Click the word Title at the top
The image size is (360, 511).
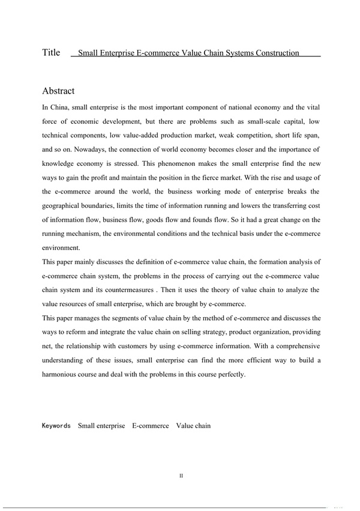click(51, 53)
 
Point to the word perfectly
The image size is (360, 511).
click(229, 374)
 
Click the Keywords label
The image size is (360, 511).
click(56, 426)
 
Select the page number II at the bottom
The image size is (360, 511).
click(181, 476)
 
